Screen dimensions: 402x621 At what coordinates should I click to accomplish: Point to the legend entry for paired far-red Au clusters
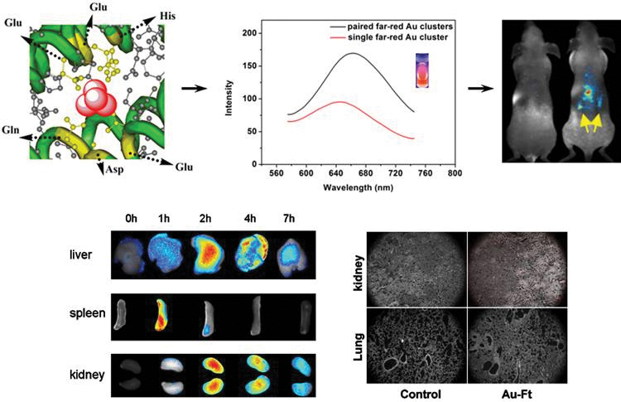pos(380,26)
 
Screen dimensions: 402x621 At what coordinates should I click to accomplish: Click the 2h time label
pos(204,219)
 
